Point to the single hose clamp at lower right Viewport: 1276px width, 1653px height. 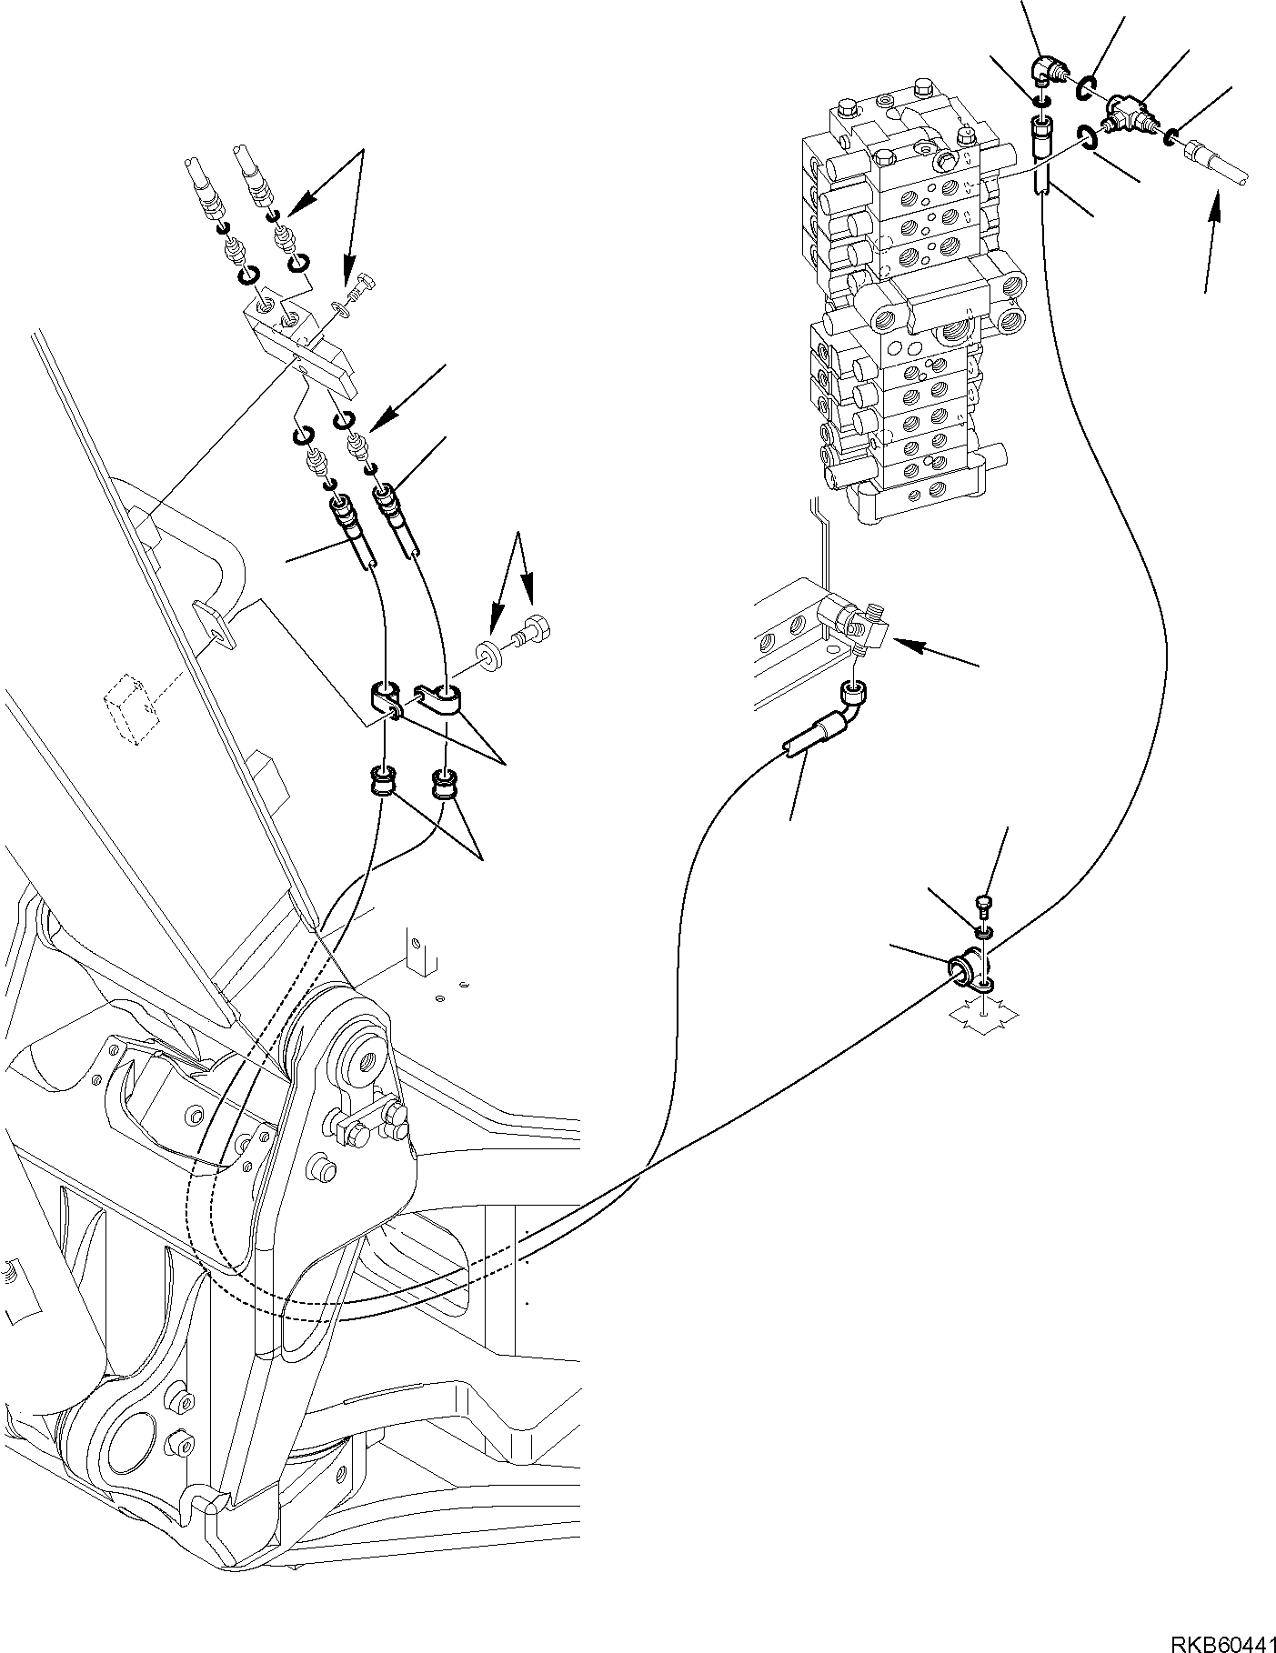click(970, 972)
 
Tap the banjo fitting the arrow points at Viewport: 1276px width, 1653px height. click(853, 619)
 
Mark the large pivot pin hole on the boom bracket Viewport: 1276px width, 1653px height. click(368, 1059)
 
